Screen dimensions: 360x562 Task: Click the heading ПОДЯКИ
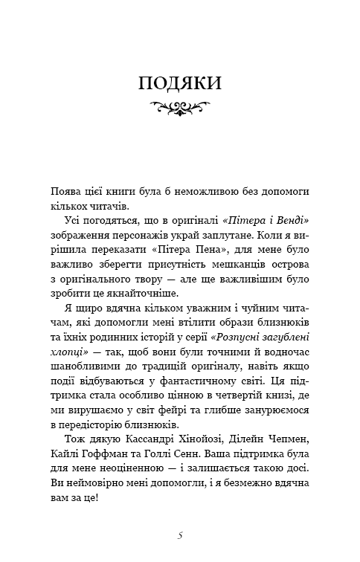(180, 84)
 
